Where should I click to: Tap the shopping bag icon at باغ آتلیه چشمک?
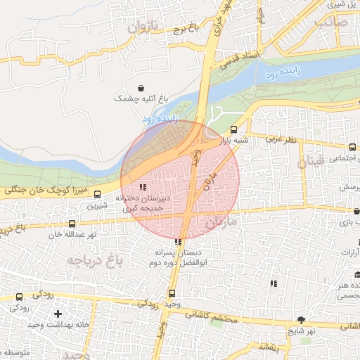click(143, 89)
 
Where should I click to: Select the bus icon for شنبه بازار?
click(233, 129)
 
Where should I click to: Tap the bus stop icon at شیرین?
click(97, 195)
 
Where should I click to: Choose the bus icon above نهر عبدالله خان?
click(71, 223)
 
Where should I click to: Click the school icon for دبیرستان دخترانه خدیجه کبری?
click(143, 187)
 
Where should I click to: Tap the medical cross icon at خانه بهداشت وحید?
click(58, 313)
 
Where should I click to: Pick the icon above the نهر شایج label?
click(302, 319)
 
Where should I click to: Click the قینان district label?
click(311, 162)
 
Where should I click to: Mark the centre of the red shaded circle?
click(181, 179)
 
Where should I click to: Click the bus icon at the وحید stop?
click(172, 293)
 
